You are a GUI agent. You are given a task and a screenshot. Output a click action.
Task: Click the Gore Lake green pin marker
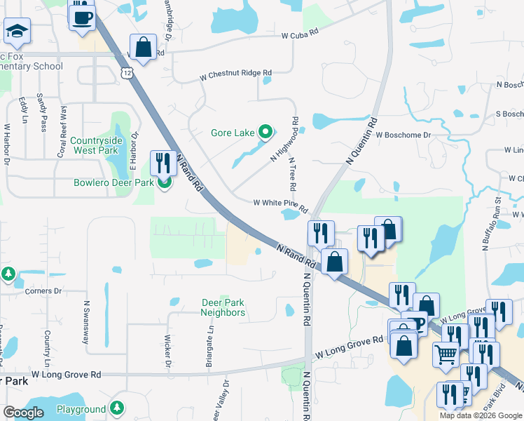[x=266, y=131]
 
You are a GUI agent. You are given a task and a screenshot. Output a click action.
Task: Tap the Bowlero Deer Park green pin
[x=164, y=184]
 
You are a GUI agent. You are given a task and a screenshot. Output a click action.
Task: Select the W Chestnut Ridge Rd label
[x=235, y=72]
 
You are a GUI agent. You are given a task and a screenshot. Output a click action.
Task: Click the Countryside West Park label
[x=97, y=145]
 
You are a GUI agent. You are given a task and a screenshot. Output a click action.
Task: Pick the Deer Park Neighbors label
[x=223, y=307]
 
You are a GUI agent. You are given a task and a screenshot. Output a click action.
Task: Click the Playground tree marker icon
[x=118, y=408]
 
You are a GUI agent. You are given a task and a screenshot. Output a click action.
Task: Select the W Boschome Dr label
[x=402, y=134]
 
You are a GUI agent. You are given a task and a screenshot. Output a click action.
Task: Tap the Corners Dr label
[x=43, y=290]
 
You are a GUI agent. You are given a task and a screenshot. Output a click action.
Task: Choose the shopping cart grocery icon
[x=446, y=355]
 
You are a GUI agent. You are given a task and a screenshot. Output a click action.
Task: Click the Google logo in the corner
[x=23, y=413]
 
